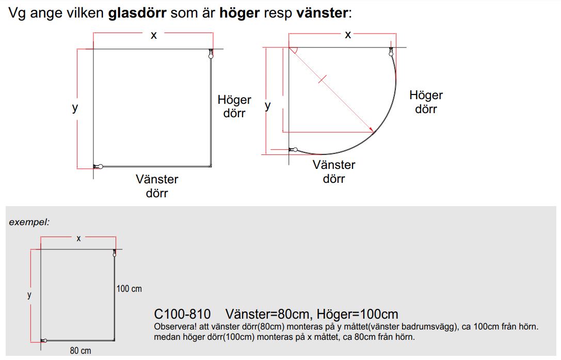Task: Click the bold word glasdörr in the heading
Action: (x=137, y=13)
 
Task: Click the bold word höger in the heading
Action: (x=239, y=13)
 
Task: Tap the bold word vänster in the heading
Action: (x=322, y=13)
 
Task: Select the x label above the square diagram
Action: (x=153, y=35)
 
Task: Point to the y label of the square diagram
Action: (x=75, y=107)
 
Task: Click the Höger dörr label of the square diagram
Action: (x=234, y=106)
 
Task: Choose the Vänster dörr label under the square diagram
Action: (x=157, y=186)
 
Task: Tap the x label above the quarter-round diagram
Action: (x=348, y=35)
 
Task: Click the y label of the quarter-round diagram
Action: (x=268, y=106)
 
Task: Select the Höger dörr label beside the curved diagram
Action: (x=426, y=102)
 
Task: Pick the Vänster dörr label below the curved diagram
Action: (x=334, y=171)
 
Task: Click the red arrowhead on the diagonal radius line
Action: (x=372, y=130)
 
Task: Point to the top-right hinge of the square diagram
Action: (x=211, y=54)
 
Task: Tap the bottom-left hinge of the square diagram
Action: (x=99, y=166)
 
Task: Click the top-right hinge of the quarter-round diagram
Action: (x=391, y=52)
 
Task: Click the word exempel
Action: (x=29, y=222)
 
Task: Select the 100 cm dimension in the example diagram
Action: (x=129, y=289)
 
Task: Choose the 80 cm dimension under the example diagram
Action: (x=81, y=351)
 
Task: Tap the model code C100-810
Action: (x=182, y=314)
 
